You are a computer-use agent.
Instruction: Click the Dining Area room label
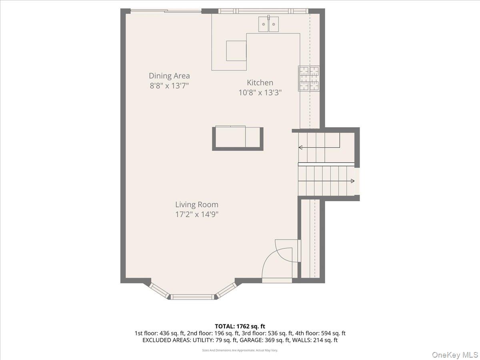(169, 76)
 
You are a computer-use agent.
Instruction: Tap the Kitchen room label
(260, 83)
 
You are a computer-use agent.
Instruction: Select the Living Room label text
(197, 205)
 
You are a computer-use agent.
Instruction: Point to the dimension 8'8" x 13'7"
(169, 86)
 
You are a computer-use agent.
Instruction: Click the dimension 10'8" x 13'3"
(260, 92)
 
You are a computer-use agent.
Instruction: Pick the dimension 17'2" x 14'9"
(197, 214)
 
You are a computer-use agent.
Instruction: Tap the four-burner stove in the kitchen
(309, 78)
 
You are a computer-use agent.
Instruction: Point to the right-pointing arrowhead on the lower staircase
(352, 181)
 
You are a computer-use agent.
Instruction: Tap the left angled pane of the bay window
(159, 290)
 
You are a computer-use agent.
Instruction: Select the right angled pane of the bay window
(226, 290)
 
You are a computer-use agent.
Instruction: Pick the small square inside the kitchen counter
(236, 50)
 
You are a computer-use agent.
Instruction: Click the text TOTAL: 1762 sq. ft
(240, 326)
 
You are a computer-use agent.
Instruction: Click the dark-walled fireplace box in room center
(238, 138)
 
